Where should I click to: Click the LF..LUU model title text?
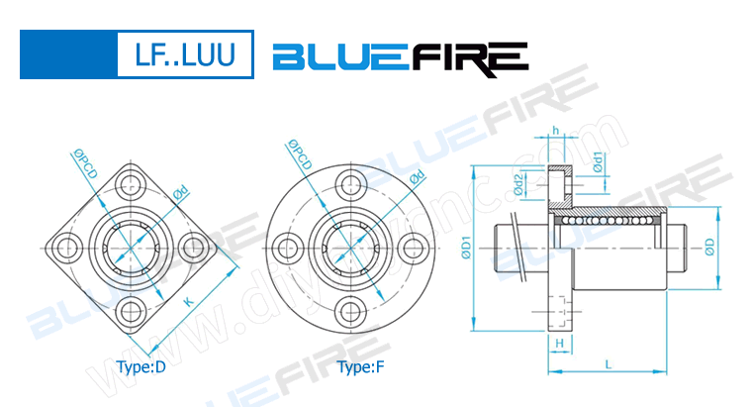click(x=185, y=54)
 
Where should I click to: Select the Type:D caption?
click(x=141, y=368)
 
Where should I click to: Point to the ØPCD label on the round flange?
click(x=300, y=154)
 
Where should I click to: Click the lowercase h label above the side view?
click(x=556, y=131)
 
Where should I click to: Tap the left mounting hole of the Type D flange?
click(x=67, y=245)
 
